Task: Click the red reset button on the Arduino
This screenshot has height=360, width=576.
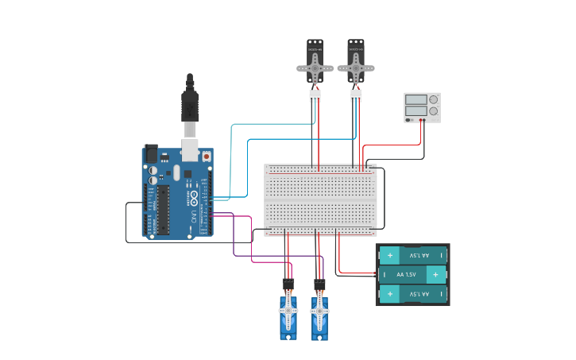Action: [207, 157]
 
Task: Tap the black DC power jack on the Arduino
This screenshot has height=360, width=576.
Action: [150, 154]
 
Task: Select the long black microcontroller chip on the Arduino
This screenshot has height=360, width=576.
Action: [164, 210]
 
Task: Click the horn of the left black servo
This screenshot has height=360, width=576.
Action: [315, 69]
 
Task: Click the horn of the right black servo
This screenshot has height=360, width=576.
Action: [355, 69]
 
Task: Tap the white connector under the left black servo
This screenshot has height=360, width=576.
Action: [315, 96]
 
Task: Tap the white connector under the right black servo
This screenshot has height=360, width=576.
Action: [355, 96]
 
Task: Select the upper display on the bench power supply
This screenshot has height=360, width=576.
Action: [416, 100]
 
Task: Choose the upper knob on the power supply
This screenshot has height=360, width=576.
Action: [433, 100]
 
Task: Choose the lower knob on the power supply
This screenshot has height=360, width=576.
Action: [433, 111]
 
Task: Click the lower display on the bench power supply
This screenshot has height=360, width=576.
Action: [416, 111]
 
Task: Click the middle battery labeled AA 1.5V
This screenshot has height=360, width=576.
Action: [412, 275]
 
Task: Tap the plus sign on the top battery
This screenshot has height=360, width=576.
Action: [390, 255]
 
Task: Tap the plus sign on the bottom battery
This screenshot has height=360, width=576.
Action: [390, 295]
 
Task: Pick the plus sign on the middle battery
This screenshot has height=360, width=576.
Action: [435, 275]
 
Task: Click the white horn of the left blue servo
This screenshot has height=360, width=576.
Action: [288, 312]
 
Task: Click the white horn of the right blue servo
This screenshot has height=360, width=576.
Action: [319, 312]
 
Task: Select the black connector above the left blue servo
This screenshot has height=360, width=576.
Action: [288, 284]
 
